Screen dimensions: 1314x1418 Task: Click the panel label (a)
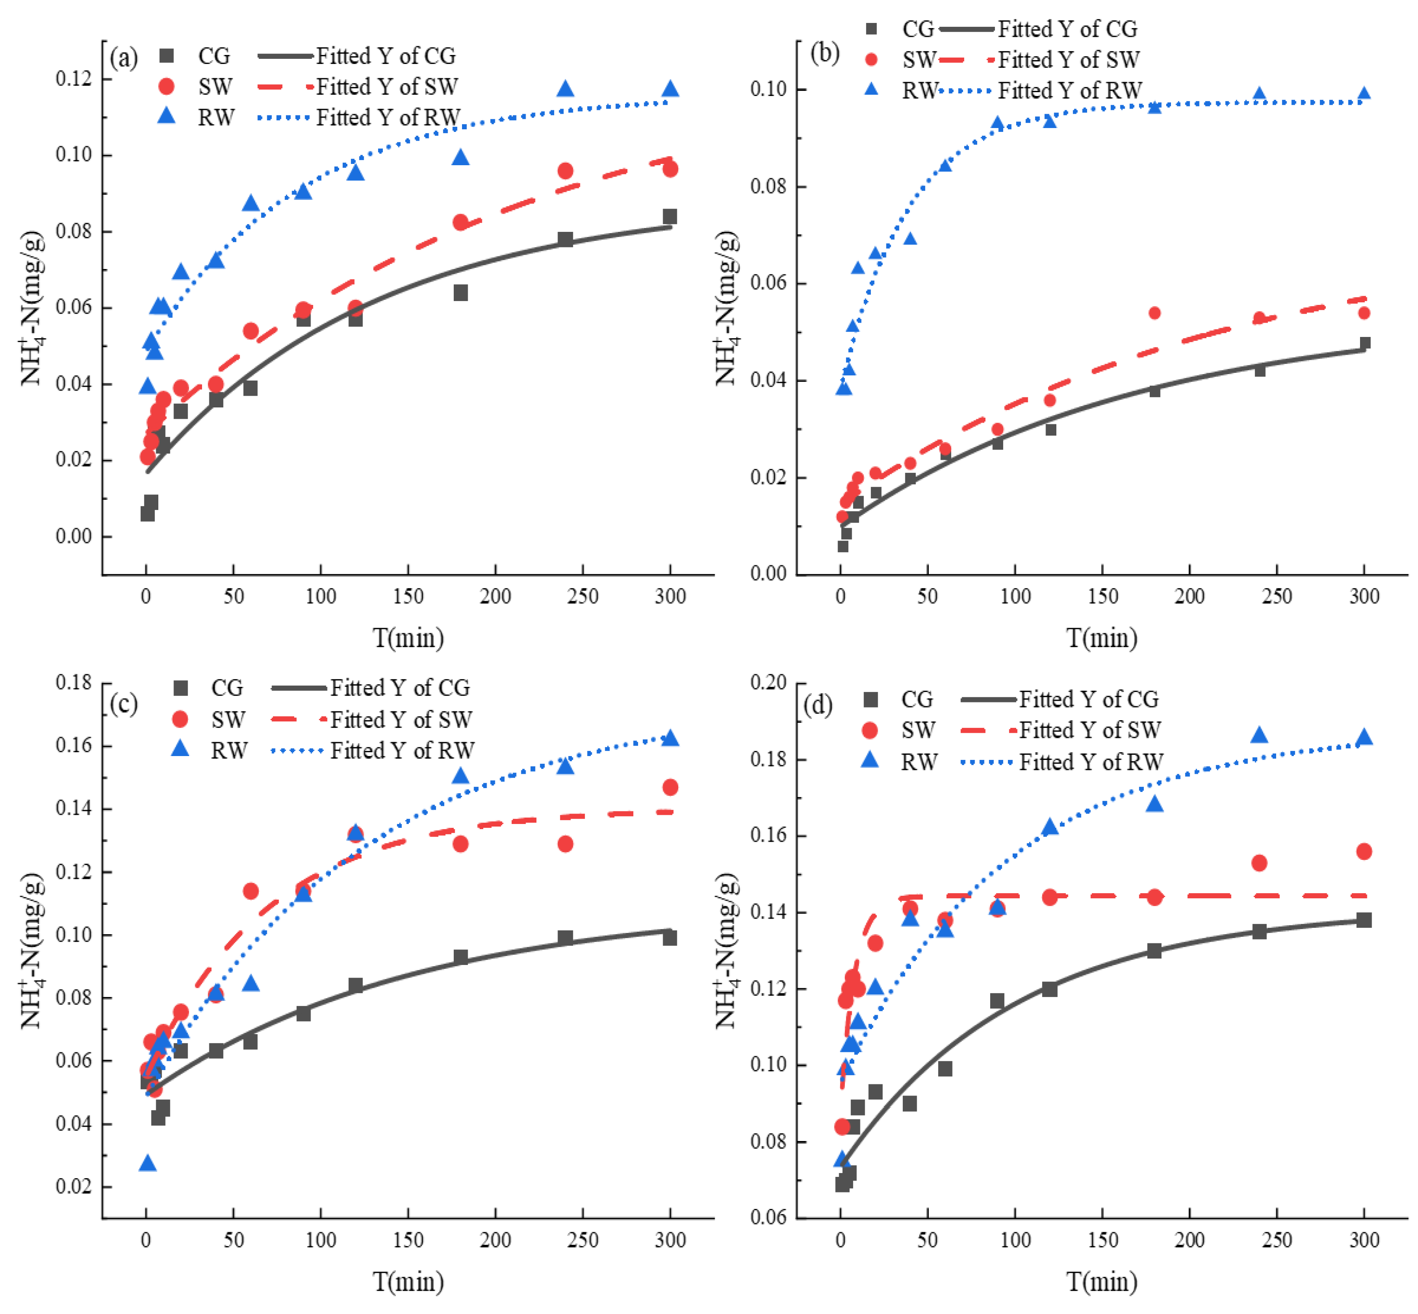pyautogui.click(x=124, y=58)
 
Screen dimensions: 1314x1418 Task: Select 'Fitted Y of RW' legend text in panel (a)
pyautogui.click(x=388, y=117)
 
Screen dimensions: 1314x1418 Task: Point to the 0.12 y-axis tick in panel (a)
pyautogui.click(x=74, y=78)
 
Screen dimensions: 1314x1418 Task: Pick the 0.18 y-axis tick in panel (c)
pyautogui.click(x=74, y=683)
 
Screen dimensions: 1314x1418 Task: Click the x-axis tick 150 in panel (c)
pyautogui.click(x=408, y=1241)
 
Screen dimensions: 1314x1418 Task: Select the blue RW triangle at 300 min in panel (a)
pyautogui.click(x=670, y=89)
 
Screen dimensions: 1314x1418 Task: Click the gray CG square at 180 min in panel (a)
pyautogui.click(x=460, y=293)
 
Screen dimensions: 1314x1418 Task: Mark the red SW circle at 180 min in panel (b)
pyautogui.click(x=1154, y=313)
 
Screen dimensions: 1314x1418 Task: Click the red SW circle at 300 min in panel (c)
pyautogui.click(x=670, y=787)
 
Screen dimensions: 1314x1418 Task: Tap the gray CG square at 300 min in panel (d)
pyautogui.click(x=1363, y=920)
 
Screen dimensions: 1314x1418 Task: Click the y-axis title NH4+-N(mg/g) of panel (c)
pyautogui.click(x=32, y=953)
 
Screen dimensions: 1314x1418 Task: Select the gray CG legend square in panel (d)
pyautogui.click(x=870, y=700)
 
